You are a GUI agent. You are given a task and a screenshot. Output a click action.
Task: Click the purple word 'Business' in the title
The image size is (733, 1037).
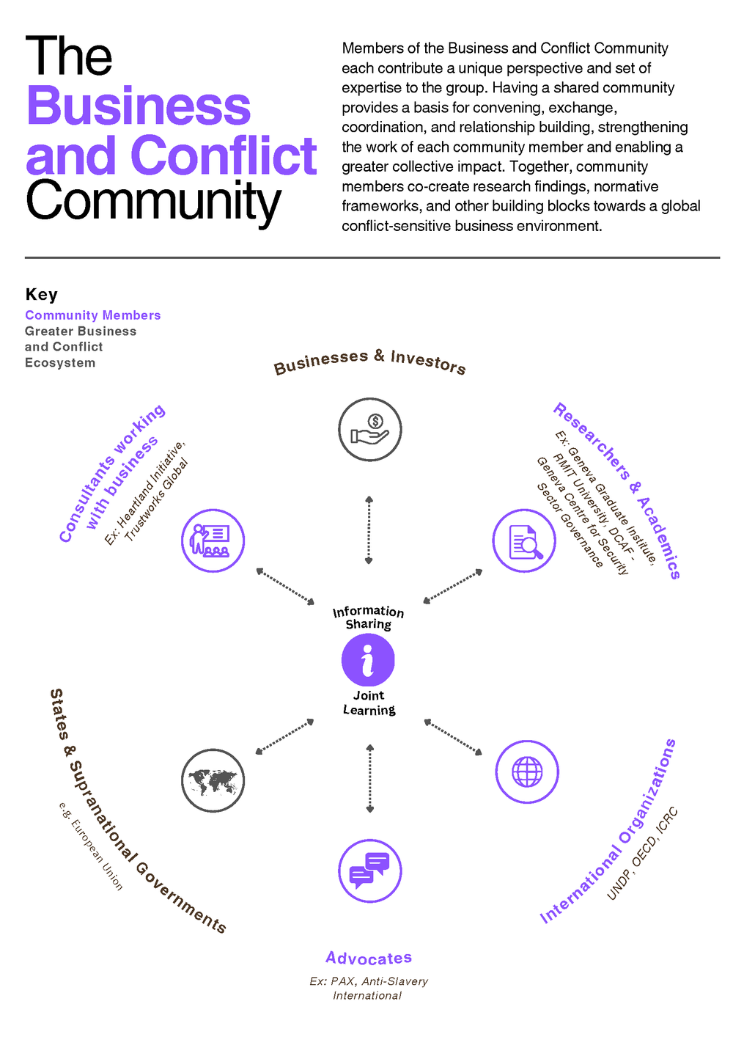pos(139,106)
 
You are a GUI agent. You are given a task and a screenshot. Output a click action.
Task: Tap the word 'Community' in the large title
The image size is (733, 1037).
pos(153,201)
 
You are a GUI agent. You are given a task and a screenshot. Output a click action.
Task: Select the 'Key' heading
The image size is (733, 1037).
pos(41,294)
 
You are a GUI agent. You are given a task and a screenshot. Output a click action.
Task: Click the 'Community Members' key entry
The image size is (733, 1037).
pos(92,315)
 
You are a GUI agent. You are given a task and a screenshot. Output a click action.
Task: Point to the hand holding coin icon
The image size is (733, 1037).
pos(369,430)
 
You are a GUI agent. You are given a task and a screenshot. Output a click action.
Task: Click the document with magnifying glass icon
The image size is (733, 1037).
pos(524,541)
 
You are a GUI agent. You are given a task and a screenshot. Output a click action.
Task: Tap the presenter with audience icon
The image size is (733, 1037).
pos(213,541)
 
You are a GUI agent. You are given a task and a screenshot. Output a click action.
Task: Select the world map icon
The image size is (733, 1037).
pos(213,780)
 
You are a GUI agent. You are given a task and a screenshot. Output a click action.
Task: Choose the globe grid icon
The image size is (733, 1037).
pos(527,772)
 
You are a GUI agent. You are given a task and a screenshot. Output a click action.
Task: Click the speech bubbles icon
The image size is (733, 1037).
pos(369,871)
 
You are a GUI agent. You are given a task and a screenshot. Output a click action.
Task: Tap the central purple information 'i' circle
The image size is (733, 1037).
pos(368,659)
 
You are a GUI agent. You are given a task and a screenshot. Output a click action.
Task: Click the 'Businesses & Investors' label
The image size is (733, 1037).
pos(369,361)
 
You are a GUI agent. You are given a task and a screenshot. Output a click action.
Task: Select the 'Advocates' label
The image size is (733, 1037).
pos(369,958)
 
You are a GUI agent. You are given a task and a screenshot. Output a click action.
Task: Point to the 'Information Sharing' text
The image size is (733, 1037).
pos(368,618)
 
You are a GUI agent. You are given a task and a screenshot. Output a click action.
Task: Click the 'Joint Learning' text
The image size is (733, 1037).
pos(369,703)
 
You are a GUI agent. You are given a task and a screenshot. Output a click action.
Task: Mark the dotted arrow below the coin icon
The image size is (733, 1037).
pos(369,530)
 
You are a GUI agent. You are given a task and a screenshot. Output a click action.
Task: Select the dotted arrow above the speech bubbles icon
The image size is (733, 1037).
pos(369,778)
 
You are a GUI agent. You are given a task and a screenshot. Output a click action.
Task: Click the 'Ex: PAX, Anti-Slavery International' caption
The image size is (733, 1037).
pos(368,988)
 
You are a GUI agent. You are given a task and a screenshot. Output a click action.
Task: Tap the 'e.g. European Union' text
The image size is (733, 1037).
pos(91,846)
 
